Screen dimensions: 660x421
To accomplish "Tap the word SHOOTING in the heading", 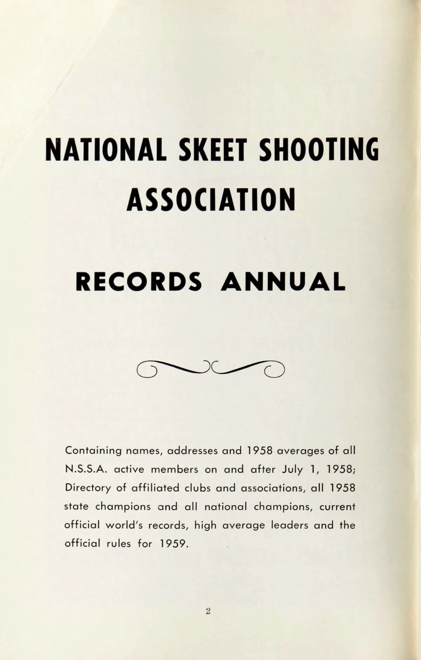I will coord(319,149).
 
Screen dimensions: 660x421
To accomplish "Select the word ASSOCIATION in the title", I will coord(210,200).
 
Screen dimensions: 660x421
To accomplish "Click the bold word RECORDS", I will coord(139,282).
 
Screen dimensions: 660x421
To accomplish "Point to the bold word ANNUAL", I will coord(283,282).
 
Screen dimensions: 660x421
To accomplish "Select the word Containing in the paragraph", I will coord(93,451).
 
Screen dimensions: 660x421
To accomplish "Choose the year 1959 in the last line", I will coord(174,544).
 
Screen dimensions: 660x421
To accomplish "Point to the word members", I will coord(174,469).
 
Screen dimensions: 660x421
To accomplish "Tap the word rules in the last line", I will coord(119,544).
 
